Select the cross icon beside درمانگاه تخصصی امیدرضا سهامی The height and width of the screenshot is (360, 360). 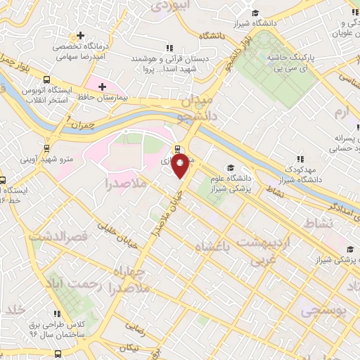point(81,34)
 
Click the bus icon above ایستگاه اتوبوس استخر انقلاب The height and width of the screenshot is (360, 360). point(46,79)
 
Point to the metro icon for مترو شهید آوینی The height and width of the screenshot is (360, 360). point(46,148)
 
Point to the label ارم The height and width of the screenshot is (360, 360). point(341,112)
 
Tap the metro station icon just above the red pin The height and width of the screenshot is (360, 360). point(176,149)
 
